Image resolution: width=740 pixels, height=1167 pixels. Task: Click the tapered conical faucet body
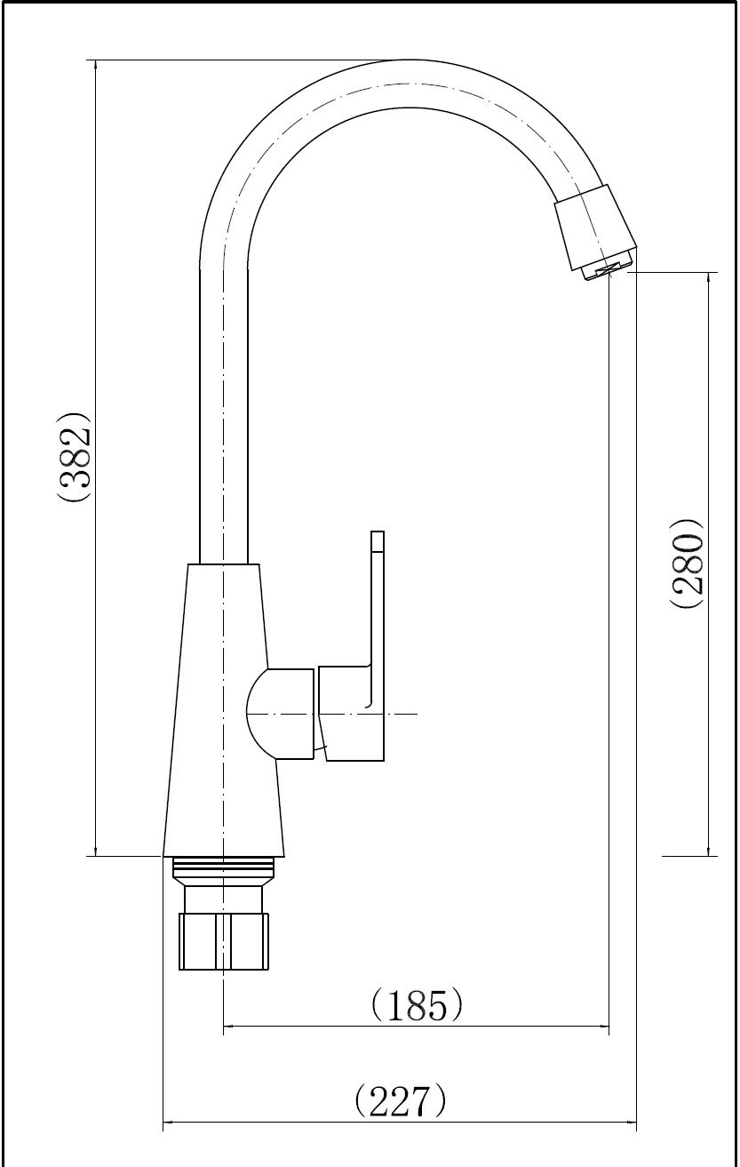[x=224, y=709]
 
